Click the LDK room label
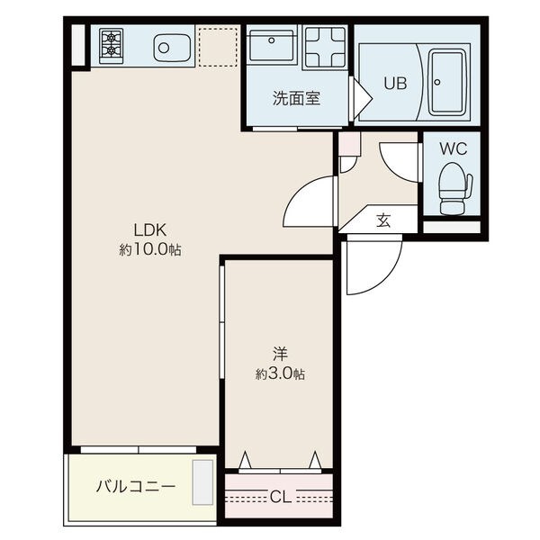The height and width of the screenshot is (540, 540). click(149, 230)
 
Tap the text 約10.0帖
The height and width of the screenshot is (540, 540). click(150, 249)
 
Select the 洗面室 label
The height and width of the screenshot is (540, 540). click(296, 98)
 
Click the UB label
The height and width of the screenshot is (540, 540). click(395, 83)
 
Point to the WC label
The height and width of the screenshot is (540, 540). click(454, 148)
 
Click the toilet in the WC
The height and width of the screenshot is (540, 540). click(454, 188)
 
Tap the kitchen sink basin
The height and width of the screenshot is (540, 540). click(172, 47)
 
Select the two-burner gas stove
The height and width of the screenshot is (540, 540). click(112, 46)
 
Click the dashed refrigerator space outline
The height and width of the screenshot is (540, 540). click(218, 47)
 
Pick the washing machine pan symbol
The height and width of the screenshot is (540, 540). click(325, 47)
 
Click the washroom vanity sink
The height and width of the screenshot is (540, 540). click(272, 45)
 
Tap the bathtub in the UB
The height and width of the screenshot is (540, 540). click(447, 82)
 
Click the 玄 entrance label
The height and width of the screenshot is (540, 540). click(383, 220)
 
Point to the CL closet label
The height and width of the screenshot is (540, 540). click(280, 497)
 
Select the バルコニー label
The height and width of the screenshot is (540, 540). click(136, 487)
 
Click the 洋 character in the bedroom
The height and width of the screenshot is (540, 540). click(280, 354)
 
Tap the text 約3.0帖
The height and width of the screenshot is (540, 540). click(280, 373)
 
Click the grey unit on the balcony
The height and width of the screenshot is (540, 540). click(202, 482)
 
